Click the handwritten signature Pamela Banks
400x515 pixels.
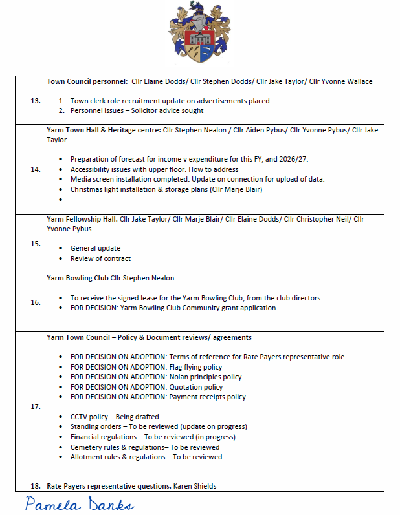(x=80, y=503)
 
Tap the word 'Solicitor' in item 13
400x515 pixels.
(x=156, y=110)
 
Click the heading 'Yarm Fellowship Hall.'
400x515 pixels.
(x=82, y=220)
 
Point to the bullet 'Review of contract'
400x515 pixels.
(x=100, y=258)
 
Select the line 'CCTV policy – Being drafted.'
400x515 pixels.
(x=115, y=417)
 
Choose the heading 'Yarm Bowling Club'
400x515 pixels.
(x=77, y=279)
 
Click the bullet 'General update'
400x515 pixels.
(x=95, y=248)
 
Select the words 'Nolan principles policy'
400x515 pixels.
(x=206, y=377)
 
